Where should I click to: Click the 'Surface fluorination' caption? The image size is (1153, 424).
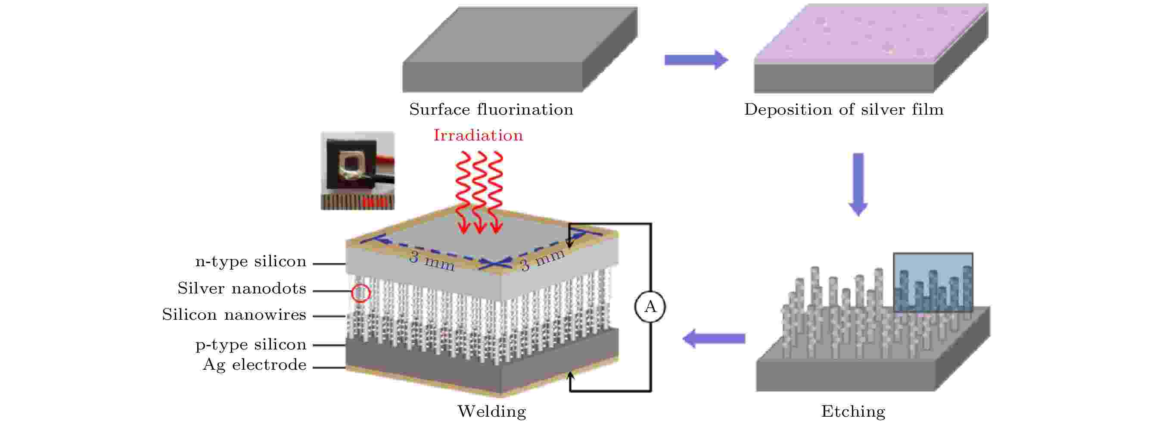click(491, 110)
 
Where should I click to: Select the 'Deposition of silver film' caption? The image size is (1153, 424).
click(843, 110)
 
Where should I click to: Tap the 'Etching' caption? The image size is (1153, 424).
click(853, 411)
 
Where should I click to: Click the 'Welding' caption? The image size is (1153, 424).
click(491, 411)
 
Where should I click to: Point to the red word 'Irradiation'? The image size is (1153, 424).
click(478, 135)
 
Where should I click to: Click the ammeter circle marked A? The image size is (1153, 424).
click(650, 307)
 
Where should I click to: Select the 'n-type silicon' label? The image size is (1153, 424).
click(251, 262)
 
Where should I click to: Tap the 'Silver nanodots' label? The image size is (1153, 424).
click(242, 288)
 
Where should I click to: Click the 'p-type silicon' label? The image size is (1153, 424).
click(251, 344)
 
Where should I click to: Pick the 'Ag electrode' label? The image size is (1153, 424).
click(254, 365)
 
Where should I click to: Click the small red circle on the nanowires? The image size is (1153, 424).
click(361, 293)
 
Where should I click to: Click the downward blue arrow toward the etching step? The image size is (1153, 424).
click(858, 184)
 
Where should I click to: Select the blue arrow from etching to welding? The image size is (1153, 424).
click(714, 339)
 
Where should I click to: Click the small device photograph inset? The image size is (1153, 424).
click(357, 170)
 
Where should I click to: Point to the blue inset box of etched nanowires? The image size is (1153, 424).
click(932, 282)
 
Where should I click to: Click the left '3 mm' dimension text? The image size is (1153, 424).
click(432, 261)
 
